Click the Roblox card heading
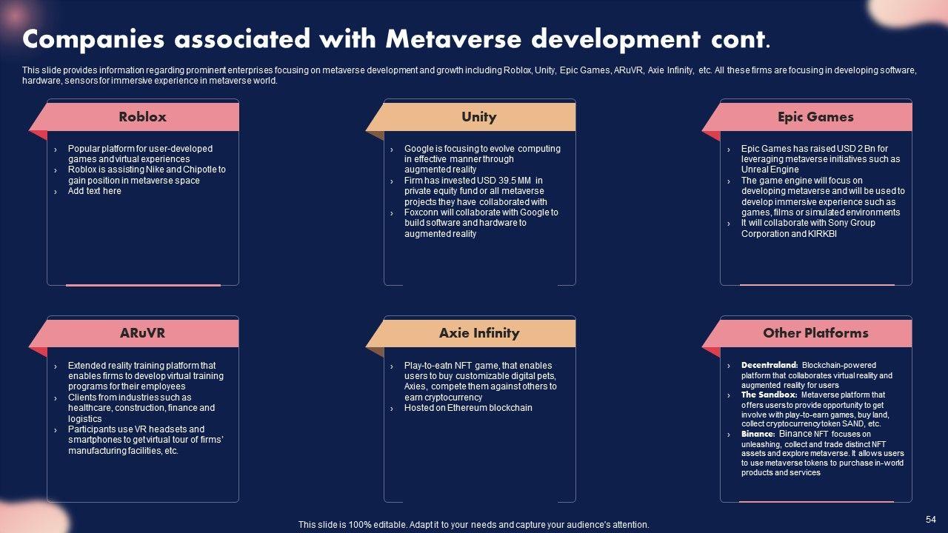coord(142,117)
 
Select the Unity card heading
coord(478,117)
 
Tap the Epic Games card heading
coord(815,117)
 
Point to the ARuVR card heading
coord(142,333)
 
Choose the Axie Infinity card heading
coord(478,333)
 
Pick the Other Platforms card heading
coord(815,333)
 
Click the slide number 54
coord(931,520)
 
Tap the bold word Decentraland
coord(770,366)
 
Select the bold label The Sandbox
coord(769,395)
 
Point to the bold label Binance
coord(758,435)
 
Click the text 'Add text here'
coord(94,191)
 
